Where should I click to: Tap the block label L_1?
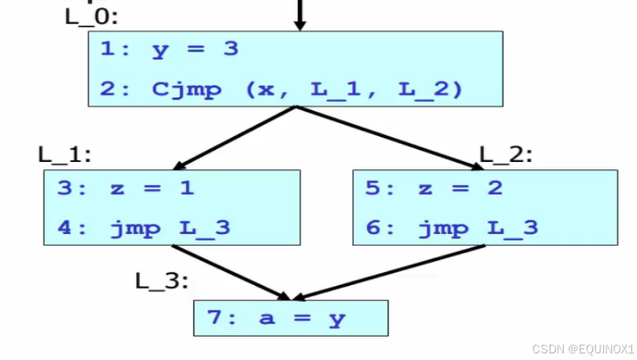pos(65,155)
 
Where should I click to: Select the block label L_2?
pos(506,155)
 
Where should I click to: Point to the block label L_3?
pos(162,280)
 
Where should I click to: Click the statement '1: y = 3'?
pos(169,50)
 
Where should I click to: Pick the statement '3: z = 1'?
pos(125,188)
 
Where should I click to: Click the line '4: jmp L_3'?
pos(144,228)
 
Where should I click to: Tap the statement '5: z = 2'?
pos(434,188)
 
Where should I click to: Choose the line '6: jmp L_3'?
pos(452,228)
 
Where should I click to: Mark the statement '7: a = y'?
pos(276,319)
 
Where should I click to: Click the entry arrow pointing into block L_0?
pos(299,15)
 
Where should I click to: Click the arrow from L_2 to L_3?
pos(389,272)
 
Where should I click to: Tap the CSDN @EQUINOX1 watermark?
pos(583,348)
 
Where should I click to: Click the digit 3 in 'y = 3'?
pos(231,50)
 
